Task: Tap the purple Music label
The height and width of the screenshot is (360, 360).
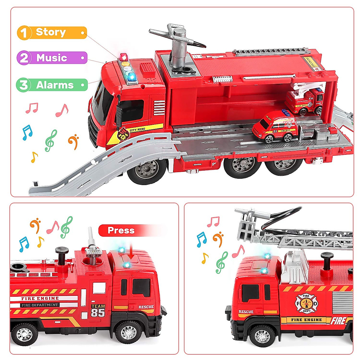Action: pyautogui.click(x=52, y=58)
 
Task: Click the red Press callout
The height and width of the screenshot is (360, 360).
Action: pyautogui.click(x=121, y=230)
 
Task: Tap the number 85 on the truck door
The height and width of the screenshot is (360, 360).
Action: pyautogui.click(x=98, y=313)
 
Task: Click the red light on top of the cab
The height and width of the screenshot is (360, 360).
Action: pyautogui.click(x=123, y=57)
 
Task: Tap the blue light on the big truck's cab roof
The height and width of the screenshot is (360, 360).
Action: pyautogui.click(x=132, y=77)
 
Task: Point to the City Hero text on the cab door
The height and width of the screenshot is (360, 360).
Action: pyautogui.click(x=137, y=130)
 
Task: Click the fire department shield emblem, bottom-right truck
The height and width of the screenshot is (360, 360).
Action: pyautogui.click(x=306, y=303)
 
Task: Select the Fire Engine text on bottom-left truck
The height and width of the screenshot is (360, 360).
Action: pyautogui.click(x=40, y=298)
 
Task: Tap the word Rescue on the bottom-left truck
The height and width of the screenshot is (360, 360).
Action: pyautogui.click(x=146, y=307)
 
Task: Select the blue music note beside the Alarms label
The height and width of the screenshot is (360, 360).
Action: pyautogui.click(x=27, y=132)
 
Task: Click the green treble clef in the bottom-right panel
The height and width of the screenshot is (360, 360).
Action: pyautogui.click(x=222, y=262)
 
